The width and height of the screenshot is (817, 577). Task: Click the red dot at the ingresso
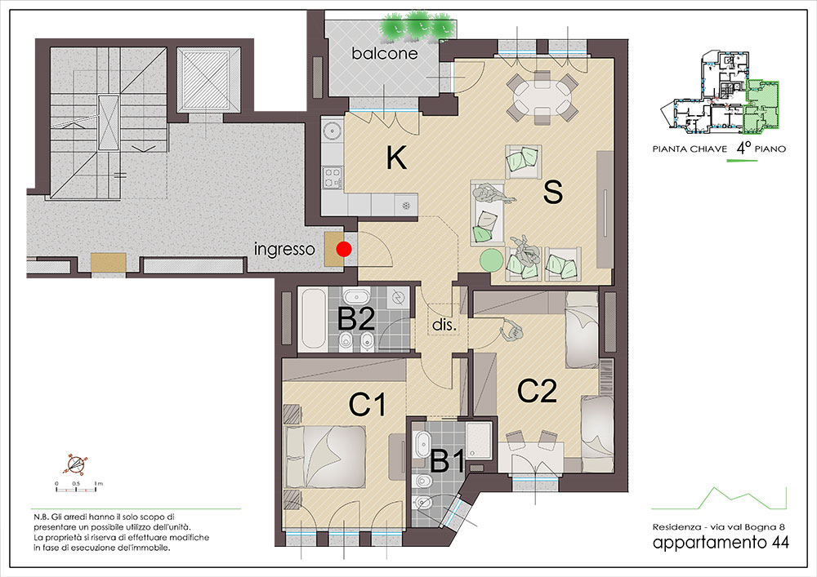pos(343,250)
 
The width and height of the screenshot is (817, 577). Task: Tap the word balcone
pos(385,53)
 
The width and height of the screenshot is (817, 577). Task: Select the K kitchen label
pos(396,158)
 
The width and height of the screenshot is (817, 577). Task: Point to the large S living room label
pos(553,192)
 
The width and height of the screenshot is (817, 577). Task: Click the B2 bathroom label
pos(356,318)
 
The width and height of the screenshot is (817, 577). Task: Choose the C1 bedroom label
pos(368,404)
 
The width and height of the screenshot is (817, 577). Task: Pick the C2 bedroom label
pos(537,391)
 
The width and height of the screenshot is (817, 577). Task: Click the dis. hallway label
pos(444,325)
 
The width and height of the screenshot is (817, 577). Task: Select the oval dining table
pos(542,97)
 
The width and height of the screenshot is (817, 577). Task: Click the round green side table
pos(489,260)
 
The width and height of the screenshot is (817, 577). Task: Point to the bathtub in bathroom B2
pos(314,319)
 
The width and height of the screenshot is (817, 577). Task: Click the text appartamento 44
pos(721,542)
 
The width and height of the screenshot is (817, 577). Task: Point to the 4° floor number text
pos(743,148)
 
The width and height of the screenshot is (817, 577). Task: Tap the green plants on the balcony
pos(417,26)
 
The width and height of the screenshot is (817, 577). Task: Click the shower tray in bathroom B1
pos(480,441)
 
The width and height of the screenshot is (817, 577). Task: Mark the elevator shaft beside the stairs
pos(208,79)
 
